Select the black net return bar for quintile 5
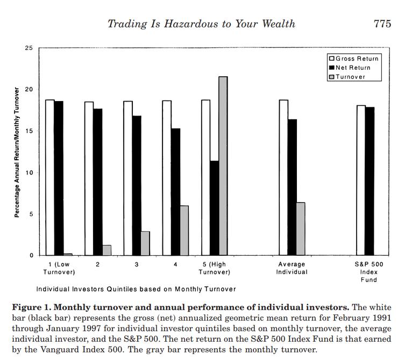coord(215,208)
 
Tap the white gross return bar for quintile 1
coord(49,177)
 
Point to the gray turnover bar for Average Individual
coord(301,229)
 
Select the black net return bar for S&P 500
coord(369,181)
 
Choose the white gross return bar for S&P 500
coord(361,181)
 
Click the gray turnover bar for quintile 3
coord(145,243)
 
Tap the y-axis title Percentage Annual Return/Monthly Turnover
coord(17,152)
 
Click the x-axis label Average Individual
coord(292,268)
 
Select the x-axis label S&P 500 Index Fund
coord(369,271)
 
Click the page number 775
coord(382,24)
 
